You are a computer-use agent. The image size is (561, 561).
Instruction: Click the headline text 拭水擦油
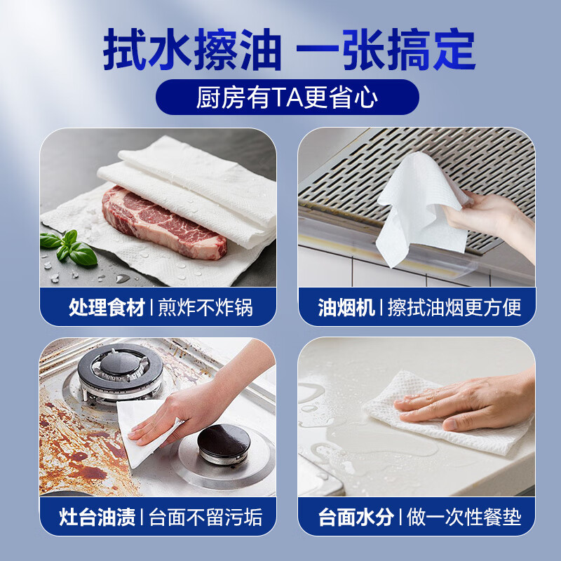coord(191,50)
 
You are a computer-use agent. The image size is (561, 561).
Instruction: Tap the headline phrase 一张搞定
coord(385,50)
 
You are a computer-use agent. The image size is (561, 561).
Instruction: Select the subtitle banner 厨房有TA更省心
coord(287,97)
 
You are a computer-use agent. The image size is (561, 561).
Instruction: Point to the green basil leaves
coord(68,246)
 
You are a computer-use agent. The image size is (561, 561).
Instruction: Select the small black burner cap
coord(223,440)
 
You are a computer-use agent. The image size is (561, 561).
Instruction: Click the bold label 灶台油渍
coord(98,518)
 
